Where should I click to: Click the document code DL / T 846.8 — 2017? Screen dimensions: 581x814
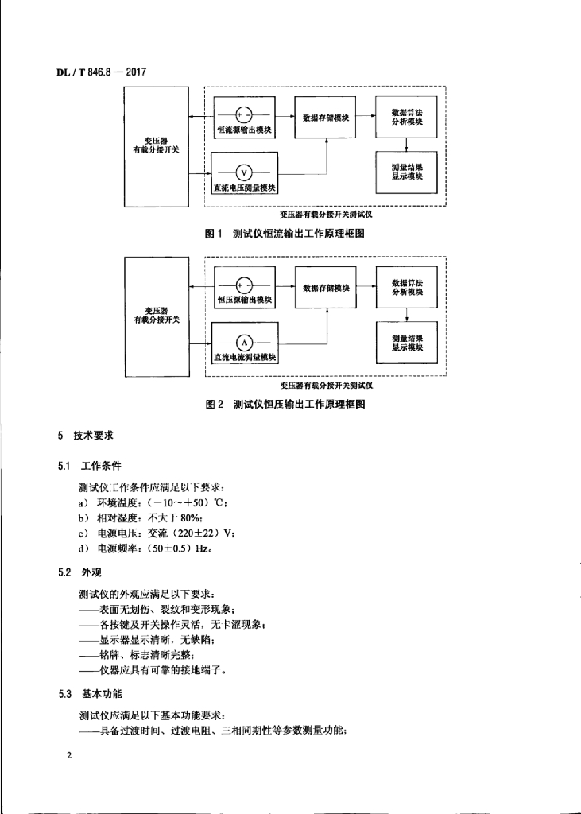click(x=101, y=72)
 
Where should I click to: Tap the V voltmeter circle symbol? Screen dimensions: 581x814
click(x=244, y=172)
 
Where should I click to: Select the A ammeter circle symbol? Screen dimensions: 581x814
click(x=245, y=343)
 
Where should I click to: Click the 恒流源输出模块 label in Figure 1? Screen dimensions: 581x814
click(x=244, y=130)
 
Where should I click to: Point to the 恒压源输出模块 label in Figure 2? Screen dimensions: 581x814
click(x=245, y=300)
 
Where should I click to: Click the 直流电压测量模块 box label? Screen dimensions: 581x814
click(x=245, y=188)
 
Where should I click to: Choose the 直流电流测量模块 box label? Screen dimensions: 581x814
click(x=245, y=358)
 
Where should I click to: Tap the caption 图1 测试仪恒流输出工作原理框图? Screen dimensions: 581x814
click(x=285, y=234)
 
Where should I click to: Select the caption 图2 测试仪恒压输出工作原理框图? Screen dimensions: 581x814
click(x=285, y=404)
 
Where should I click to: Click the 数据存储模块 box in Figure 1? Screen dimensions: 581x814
click(x=326, y=118)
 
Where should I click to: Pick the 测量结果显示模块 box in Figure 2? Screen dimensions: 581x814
click(x=407, y=343)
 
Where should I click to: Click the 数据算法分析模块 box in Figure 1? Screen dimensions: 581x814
click(x=407, y=117)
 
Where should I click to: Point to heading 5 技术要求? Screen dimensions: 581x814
click(x=85, y=436)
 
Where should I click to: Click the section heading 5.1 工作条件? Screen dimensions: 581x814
click(x=89, y=466)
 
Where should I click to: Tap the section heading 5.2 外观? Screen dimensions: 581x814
click(x=79, y=572)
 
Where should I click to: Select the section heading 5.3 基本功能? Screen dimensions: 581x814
click(x=90, y=694)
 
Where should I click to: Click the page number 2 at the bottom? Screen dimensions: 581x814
click(x=68, y=755)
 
